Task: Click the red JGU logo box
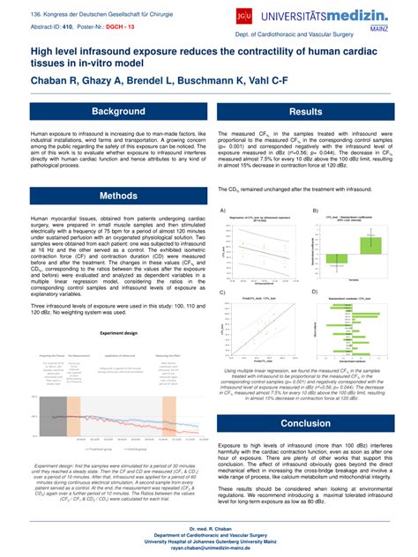[x=242, y=15]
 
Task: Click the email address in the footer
[x=209, y=547]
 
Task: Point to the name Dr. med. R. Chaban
[x=209, y=527]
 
